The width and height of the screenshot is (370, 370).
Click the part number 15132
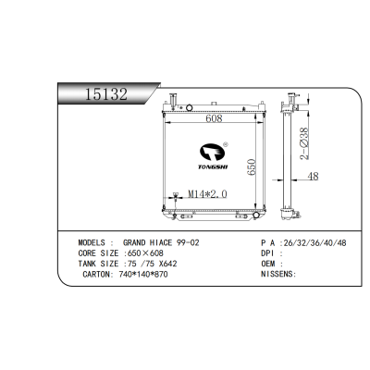pos(105,93)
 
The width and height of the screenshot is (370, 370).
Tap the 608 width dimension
pos(214,118)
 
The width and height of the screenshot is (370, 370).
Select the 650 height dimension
pos(252,167)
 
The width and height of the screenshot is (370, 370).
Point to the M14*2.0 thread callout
pos(207,194)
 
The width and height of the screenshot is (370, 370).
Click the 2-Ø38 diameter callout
pos(304,143)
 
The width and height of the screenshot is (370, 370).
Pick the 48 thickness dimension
pos(313,177)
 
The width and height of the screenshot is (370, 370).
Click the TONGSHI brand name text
pos(213,167)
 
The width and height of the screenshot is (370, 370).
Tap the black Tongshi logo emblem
pos(213,152)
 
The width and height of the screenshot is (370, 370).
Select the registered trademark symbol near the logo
pos(226,143)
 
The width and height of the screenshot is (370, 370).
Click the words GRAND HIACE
pos(147,242)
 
